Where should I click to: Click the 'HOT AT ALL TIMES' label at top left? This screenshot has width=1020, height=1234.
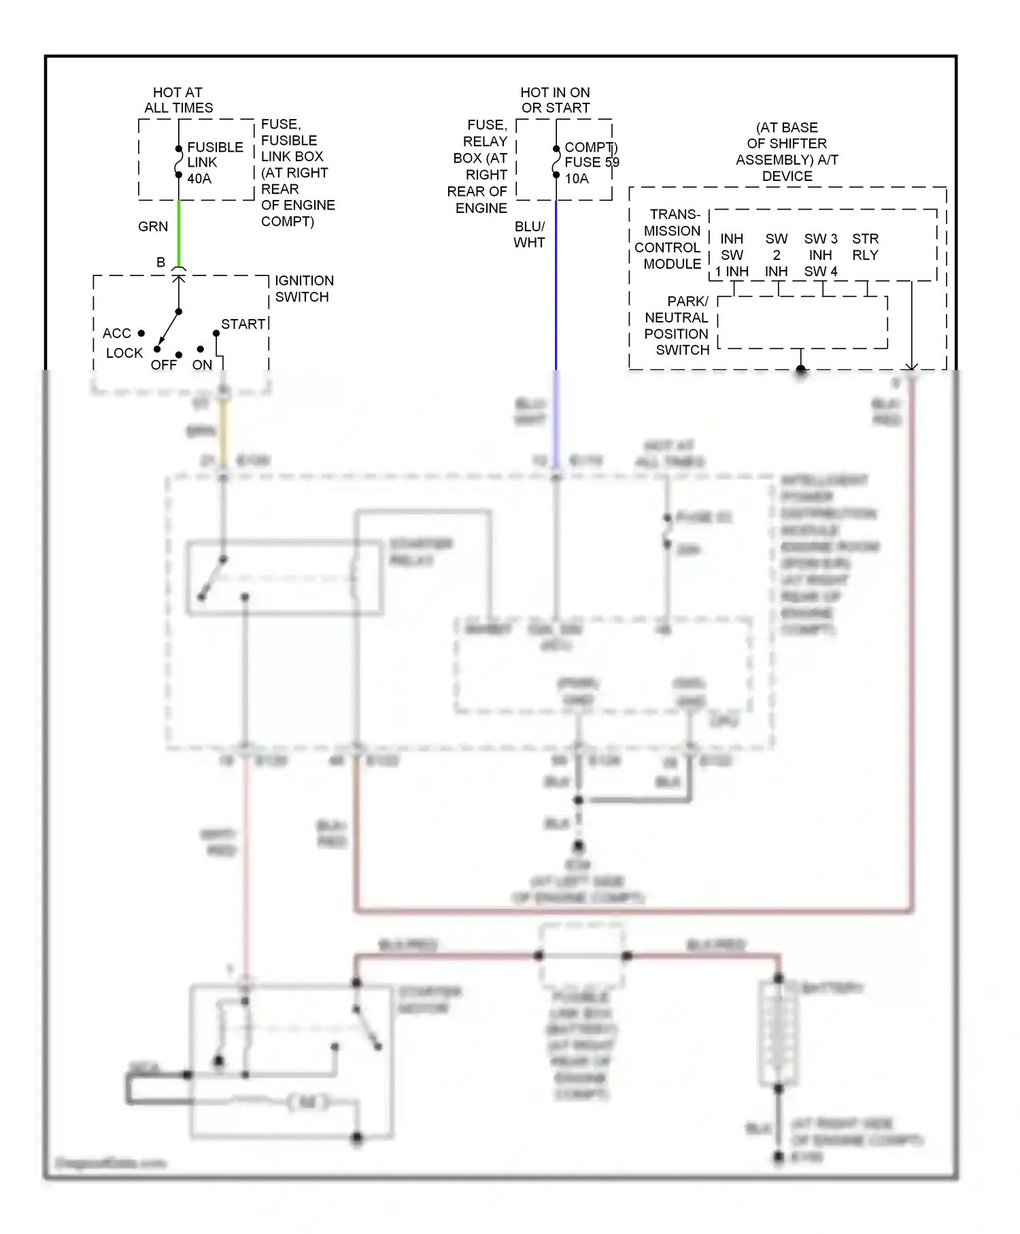[x=178, y=100]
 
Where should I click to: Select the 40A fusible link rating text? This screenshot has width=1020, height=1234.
[x=199, y=179]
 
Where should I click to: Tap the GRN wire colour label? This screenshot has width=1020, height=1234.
[x=153, y=227]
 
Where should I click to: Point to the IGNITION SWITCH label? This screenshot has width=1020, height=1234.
[x=303, y=289]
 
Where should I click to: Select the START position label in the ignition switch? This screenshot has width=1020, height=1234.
[x=243, y=324]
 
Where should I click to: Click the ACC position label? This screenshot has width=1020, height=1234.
[x=117, y=333]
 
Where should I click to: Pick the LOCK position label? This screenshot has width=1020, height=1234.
[x=124, y=353]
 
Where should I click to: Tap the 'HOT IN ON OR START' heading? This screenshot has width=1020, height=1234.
[x=555, y=100]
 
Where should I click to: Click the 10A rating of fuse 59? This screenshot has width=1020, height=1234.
[x=577, y=179]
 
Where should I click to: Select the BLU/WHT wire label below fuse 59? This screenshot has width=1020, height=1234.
[x=529, y=235]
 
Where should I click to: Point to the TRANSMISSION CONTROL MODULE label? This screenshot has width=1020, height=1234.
[x=669, y=239]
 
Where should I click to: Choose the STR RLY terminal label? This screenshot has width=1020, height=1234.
[x=865, y=247]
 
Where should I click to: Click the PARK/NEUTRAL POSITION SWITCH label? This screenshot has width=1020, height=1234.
[x=677, y=326]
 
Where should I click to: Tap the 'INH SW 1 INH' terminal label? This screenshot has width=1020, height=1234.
[x=732, y=255]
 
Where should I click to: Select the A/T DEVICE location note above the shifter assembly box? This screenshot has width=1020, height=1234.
[x=787, y=152]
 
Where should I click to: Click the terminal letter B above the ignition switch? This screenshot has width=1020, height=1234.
[x=161, y=263]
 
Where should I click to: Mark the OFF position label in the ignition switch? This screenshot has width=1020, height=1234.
[x=164, y=365]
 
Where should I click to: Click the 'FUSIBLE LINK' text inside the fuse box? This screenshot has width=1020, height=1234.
[x=215, y=155]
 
